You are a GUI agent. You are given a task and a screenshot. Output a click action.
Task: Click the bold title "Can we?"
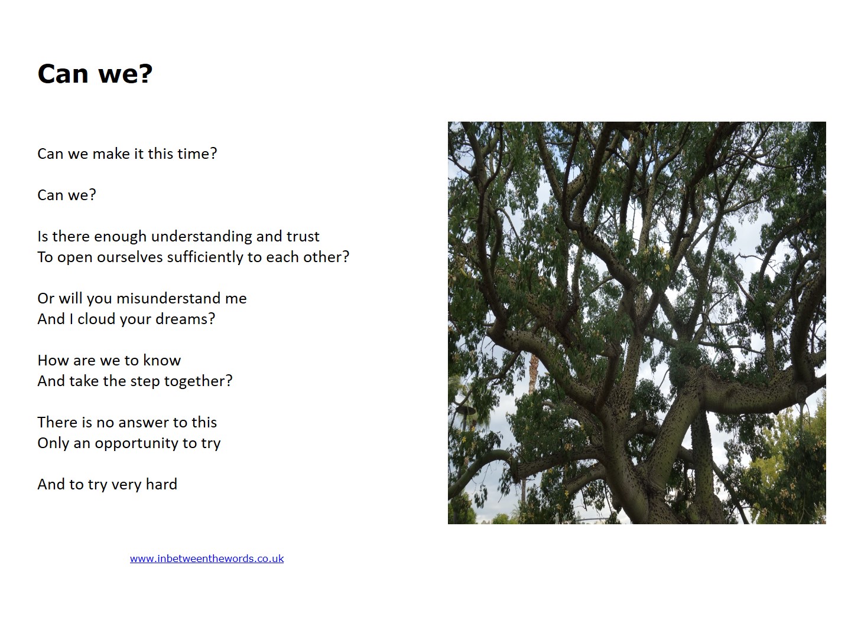click(95, 74)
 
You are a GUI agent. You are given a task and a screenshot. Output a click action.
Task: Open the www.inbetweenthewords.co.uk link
click(207, 558)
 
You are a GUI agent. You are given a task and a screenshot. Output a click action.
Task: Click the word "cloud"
click(96, 319)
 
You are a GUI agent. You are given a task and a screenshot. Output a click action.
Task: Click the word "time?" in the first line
click(197, 153)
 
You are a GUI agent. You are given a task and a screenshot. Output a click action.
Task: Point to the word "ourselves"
click(129, 257)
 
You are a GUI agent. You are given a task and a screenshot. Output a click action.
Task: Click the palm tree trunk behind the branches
click(534, 373)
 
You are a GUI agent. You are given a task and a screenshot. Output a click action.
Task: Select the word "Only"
click(53, 443)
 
